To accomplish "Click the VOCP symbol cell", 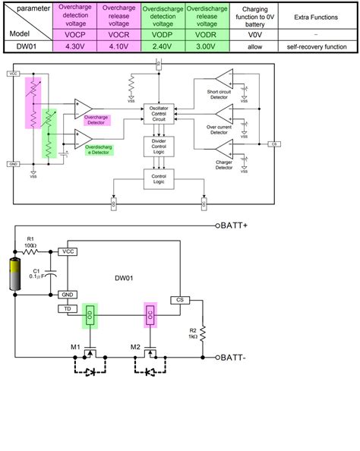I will point(74,35).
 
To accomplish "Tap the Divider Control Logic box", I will point(159,145).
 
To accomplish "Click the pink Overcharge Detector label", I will point(98,120).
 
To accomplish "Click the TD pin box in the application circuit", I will point(67,309).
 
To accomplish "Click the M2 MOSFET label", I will point(135,347).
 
